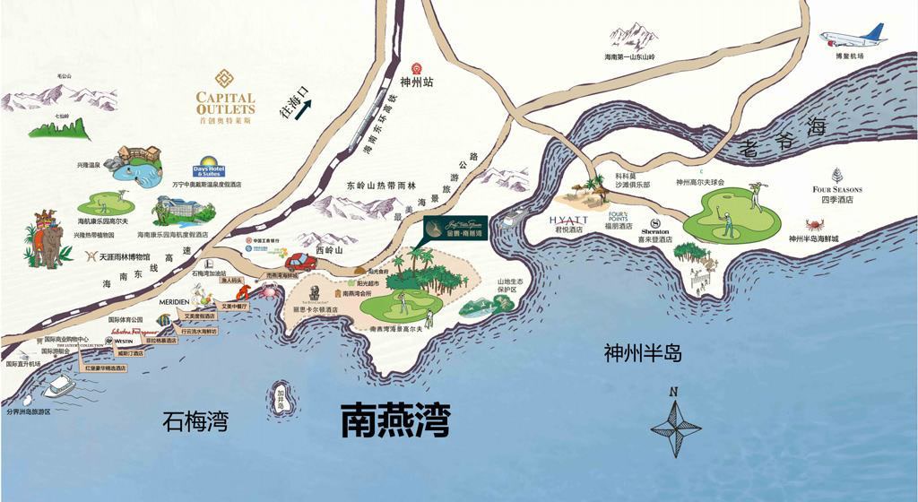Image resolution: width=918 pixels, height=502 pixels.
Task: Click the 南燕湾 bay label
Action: tap(394, 420)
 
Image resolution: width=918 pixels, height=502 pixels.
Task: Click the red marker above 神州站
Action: tap(416, 68)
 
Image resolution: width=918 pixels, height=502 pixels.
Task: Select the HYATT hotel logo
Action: tap(568, 219)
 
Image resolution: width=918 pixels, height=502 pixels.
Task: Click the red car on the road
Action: tap(301, 262)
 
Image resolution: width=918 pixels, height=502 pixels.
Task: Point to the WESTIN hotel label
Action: tap(123, 342)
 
